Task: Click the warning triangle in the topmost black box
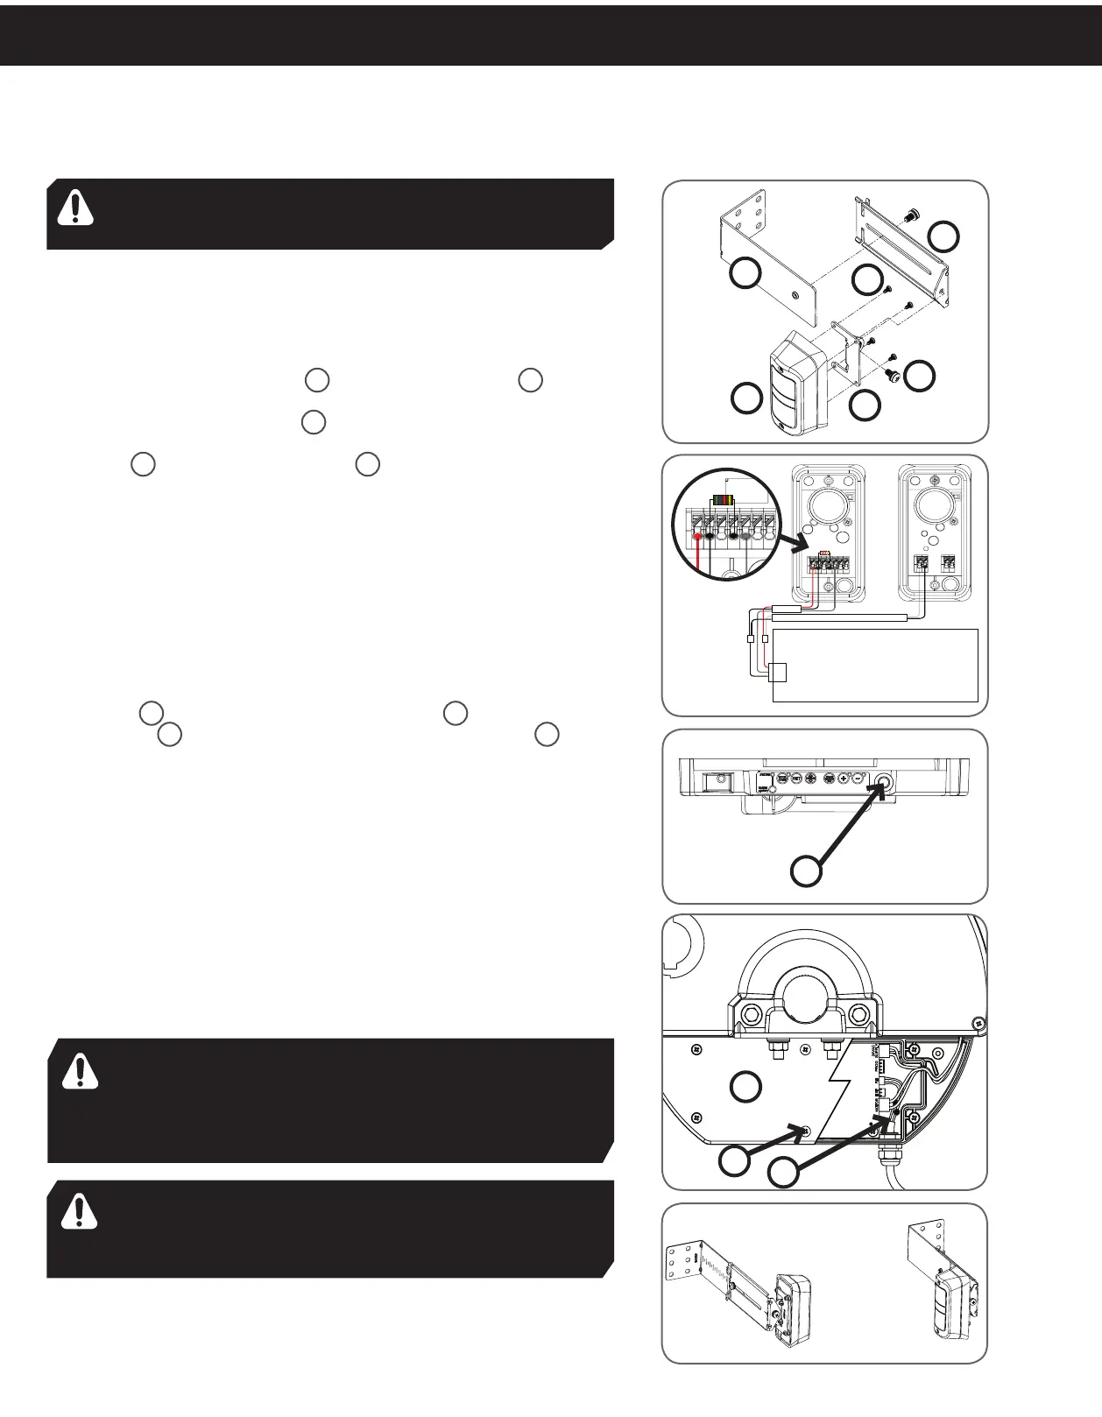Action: (75, 208)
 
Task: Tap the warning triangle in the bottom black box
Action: (80, 1210)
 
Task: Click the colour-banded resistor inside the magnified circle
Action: (724, 500)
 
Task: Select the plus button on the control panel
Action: (844, 778)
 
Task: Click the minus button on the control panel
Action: (859, 778)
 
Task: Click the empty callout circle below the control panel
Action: (806, 871)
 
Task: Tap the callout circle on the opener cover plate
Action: (746, 1086)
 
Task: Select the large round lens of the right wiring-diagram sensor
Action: (936, 507)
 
